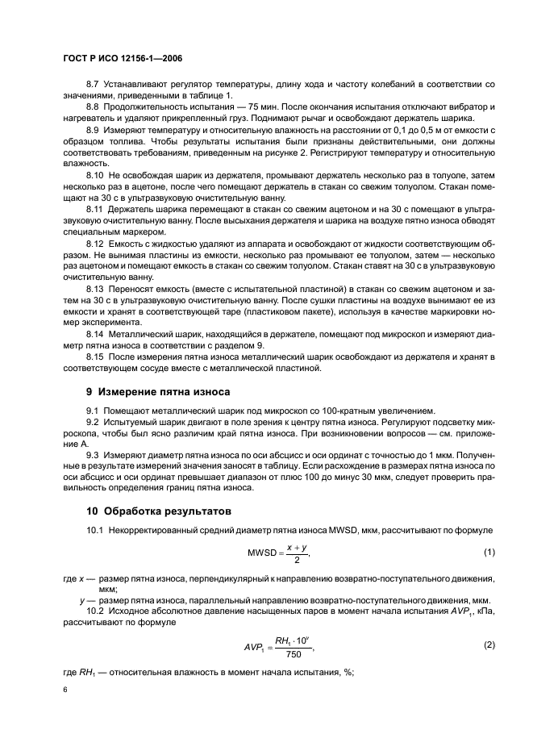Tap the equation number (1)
pos(488,552)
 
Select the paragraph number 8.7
pos(93,84)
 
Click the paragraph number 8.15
pos(95,357)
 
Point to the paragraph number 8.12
pos(95,243)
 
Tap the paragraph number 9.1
pos(93,411)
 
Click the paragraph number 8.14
pos(95,334)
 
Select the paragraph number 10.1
pos(95,528)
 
